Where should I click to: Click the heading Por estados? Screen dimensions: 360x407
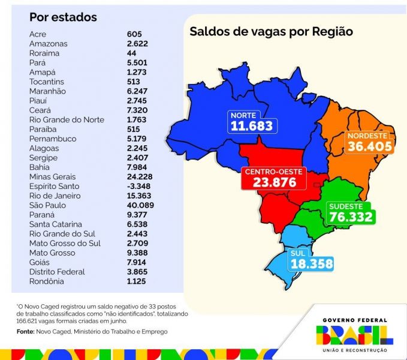[63, 17]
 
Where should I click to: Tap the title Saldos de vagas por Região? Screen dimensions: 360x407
[271, 32]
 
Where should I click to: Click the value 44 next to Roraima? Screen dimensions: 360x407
[132, 53]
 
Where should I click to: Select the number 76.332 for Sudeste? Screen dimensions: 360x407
[351, 217]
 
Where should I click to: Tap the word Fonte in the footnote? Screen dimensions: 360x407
[25, 331]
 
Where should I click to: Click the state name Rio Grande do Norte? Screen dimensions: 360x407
[67, 119]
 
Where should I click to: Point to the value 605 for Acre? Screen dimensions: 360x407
[134, 34]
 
